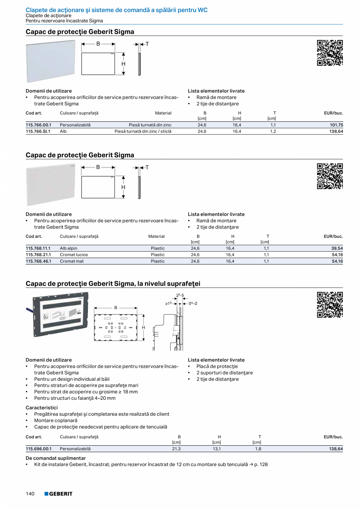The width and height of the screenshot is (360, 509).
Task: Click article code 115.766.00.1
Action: coord(38,125)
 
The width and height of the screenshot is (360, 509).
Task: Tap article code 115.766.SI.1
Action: coord(38,131)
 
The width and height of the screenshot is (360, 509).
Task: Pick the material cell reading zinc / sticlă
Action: coord(143,131)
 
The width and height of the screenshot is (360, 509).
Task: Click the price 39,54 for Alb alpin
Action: coord(337,248)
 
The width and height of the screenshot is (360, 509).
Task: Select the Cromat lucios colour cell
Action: coord(74,255)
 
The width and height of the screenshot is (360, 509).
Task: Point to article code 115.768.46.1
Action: coord(38,261)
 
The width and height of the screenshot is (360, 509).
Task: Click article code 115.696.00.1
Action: coord(38,449)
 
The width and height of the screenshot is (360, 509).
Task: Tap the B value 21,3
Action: coord(176,449)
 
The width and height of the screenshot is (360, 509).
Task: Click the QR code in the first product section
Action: coord(329,53)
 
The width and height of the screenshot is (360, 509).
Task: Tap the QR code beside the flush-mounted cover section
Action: coord(329,305)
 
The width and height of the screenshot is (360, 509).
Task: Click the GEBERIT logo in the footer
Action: coord(58,494)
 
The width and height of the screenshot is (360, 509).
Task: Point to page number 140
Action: coord(31,494)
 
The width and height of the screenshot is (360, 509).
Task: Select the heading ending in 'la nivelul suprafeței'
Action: coord(113,283)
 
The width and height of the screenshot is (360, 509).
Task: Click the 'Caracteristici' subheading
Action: coord(41,407)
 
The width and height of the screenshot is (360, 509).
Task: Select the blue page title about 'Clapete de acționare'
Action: coord(116,9)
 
